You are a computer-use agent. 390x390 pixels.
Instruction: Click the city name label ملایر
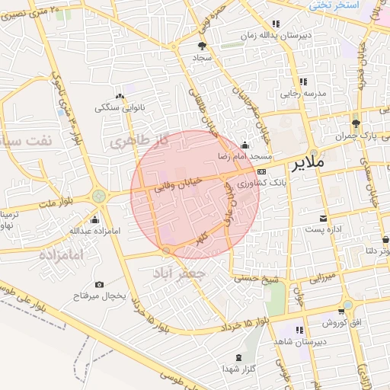pos(308,163)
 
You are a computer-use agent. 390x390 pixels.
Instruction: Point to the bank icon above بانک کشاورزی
pos(261,172)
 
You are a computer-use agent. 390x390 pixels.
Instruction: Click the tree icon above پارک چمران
pos(356,123)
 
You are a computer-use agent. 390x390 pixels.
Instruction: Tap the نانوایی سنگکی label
pos(119,107)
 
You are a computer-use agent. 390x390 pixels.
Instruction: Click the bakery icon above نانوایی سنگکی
pos(120,96)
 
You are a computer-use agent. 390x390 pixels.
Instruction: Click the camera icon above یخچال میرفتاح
pos(99,284)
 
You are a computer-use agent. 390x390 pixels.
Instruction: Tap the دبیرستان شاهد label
pos(299,341)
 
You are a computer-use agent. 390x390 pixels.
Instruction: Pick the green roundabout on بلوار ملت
pos(99,197)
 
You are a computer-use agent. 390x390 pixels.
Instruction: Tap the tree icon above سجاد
pos(201,46)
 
